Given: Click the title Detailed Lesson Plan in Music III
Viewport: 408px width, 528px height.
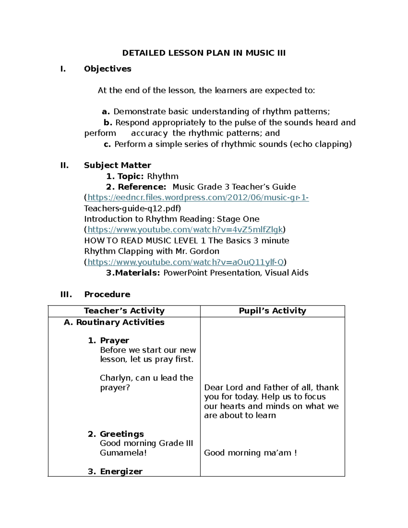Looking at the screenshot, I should [204, 53].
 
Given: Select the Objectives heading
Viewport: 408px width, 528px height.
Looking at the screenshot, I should [107, 69].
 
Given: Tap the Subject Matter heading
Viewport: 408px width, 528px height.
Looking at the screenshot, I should [117, 165].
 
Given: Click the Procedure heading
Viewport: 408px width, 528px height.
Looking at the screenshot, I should [107, 294].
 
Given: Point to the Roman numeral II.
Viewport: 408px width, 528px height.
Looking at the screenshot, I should [64, 165].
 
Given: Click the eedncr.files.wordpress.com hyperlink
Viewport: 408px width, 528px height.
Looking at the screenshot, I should [198, 198].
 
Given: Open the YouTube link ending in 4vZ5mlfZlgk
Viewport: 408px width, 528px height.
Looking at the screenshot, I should [185, 230].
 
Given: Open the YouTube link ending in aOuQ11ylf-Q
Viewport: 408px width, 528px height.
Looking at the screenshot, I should [186, 262].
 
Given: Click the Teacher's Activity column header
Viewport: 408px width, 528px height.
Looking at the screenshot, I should [124, 311].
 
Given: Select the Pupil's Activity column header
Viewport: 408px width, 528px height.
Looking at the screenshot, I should [272, 311].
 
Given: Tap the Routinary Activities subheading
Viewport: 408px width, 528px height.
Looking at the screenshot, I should [120, 322].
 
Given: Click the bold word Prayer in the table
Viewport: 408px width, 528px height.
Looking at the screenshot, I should [115, 340].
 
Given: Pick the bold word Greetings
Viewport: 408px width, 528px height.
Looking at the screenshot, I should [122, 434].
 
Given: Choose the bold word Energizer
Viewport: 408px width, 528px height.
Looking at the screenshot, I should [121, 471].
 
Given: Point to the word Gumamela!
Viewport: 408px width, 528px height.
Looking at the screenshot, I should [123, 453].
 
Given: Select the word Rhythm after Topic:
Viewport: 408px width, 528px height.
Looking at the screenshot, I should [163, 176].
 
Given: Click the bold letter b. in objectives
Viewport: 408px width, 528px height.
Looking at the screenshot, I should [108, 122].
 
